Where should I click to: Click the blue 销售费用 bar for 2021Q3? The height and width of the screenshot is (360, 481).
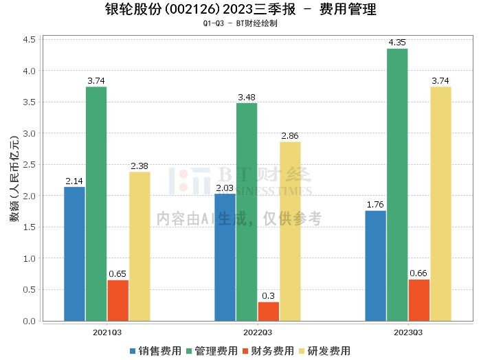74,254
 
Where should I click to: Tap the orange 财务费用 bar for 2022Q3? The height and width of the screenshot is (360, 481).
269,311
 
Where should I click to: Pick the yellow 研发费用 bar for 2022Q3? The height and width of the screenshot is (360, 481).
290,231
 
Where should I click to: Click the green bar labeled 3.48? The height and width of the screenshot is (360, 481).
247,212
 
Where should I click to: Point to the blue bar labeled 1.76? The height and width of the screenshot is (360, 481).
375,265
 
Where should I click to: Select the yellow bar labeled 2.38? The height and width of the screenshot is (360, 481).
139,246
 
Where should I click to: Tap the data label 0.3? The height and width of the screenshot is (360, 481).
269,295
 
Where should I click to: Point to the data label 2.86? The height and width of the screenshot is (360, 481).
291,136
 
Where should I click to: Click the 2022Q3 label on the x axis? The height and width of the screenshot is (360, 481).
258,333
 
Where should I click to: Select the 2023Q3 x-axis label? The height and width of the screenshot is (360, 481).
408,333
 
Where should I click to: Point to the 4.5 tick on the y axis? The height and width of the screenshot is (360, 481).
29,40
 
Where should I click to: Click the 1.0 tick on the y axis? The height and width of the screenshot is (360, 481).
29,258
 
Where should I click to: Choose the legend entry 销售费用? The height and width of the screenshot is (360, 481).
155,350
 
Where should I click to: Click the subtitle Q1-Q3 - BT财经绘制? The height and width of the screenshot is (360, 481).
240,23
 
